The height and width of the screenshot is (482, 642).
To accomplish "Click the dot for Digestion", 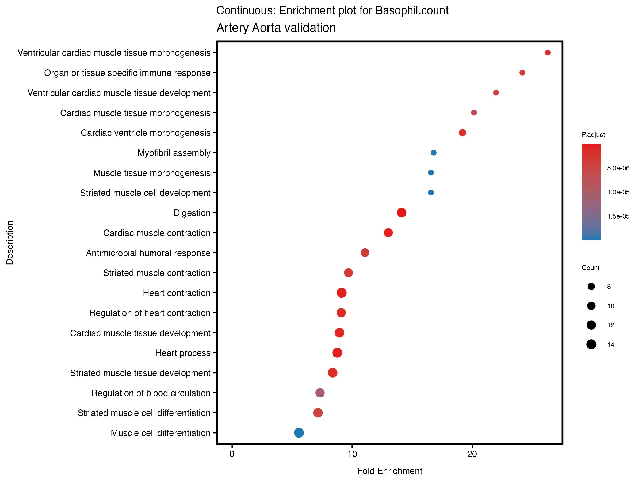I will click(x=402, y=213).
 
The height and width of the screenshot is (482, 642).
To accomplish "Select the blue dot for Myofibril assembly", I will click(x=434, y=153).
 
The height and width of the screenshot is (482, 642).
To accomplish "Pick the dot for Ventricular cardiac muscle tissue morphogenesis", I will click(x=548, y=52).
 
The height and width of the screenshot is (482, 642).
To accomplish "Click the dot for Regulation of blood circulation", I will click(x=320, y=393).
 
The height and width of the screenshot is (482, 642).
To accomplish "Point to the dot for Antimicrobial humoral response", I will click(x=365, y=253).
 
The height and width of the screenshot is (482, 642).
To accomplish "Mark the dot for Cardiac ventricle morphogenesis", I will click(x=462, y=133).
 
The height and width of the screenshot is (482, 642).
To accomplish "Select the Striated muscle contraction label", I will click(x=157, y=273).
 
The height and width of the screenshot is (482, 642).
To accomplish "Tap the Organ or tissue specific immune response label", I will click(x=127, y=73).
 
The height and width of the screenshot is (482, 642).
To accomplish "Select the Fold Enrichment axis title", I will click(x=389, y=471).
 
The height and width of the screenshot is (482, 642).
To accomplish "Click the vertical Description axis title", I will click(x=10, y=243).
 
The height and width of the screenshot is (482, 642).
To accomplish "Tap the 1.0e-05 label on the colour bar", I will click(x=618, y=192).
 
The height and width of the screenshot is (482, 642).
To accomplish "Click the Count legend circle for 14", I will click(x=591, y=345).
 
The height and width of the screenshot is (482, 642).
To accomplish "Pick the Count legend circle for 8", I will click(x=591, y=287).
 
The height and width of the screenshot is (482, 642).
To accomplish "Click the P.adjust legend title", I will click(x=593, y=134).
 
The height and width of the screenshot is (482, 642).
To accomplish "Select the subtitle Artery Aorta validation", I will click(x=276, y=28).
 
